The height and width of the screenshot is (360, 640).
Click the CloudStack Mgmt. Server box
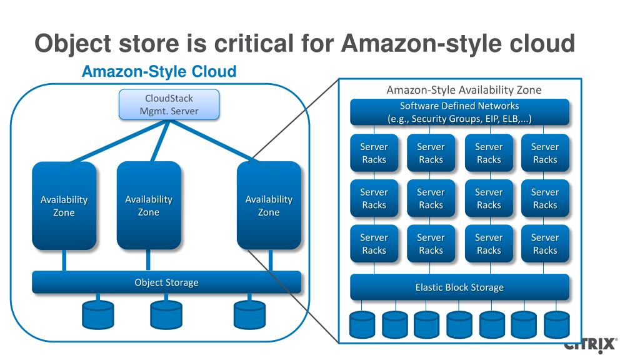[169, 104]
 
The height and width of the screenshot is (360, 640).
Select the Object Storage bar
[166, 282]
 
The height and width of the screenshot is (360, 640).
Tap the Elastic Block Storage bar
[459, 287]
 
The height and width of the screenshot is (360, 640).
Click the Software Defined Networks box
[459, 112]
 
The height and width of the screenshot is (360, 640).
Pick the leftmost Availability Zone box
[64, 206]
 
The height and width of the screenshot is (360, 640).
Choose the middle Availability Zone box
[149, 206]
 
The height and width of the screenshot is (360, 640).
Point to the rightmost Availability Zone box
[269, 206]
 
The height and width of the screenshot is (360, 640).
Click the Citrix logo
[590, 345]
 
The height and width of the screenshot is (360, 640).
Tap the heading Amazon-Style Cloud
[159, 71]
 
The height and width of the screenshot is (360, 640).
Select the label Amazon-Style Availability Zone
[464, 90]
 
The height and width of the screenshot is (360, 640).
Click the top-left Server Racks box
[374, 153]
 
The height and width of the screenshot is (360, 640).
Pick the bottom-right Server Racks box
[545, 244]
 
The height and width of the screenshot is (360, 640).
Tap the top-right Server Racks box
[545, 153]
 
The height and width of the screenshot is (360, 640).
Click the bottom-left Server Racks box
[374, 244]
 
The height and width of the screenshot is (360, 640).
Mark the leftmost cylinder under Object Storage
[98, 315]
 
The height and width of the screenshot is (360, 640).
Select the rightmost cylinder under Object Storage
[249, 315]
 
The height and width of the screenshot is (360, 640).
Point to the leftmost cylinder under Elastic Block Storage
[362, 324]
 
